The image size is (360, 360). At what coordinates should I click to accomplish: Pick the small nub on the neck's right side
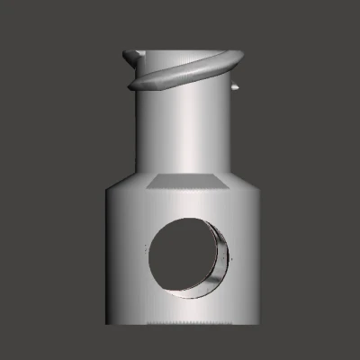point(237,87)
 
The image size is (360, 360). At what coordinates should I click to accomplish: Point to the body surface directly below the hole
point(184,310)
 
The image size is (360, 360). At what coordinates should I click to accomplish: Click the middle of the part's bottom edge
point(184,325)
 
